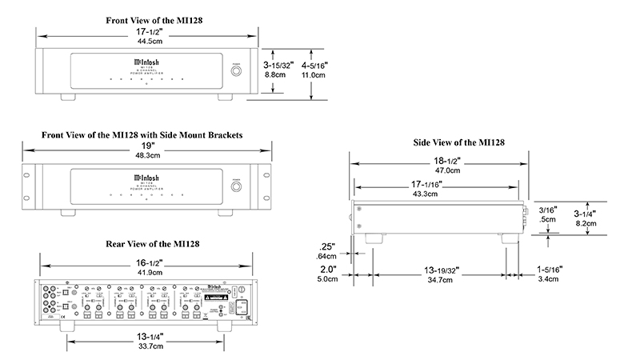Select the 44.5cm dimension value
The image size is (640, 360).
coord(146,41)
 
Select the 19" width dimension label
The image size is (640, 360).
coord(146,146)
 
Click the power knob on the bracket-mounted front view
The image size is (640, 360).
coord(238,187)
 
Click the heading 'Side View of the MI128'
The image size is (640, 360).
coord(458,142)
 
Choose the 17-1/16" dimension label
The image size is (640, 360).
coord(436,185)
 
